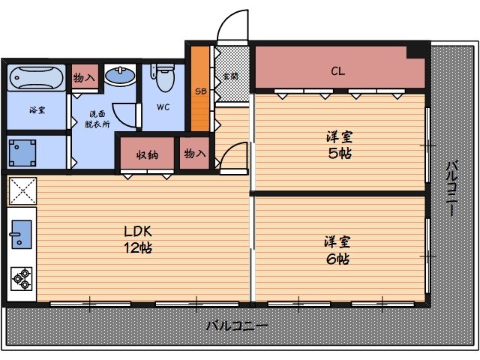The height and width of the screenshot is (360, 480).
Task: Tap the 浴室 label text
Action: [37, 110]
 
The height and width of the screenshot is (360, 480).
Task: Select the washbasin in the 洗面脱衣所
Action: [118, 76]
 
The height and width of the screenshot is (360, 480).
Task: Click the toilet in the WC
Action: [164, 74]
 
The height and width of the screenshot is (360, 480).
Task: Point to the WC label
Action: [163, 107]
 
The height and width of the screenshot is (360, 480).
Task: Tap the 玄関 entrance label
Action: [229, 76]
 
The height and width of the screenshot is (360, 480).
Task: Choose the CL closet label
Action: [338, 72]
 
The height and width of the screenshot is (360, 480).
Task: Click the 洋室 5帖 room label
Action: [339, 145]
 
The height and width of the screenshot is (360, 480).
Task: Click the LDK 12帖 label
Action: [139, 238]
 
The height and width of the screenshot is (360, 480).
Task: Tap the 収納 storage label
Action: [146, 155]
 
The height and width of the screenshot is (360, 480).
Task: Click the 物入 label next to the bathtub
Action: [84, 77]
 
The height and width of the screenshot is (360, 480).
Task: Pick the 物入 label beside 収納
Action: [195, 154]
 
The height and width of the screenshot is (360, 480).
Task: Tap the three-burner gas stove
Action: [20, 279]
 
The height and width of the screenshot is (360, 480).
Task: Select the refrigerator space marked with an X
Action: [21, 190]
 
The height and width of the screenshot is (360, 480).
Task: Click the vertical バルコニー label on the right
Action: [452, 188]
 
